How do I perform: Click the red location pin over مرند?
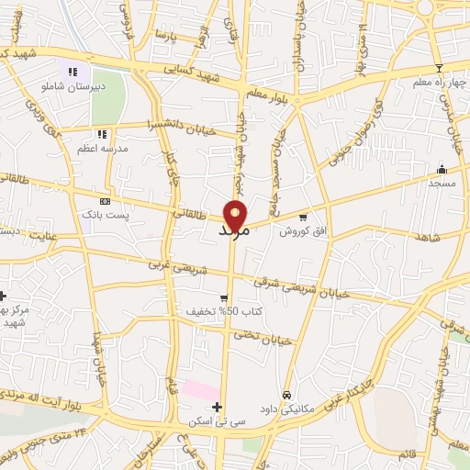[237, 214]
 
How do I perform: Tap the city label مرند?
[235, 232]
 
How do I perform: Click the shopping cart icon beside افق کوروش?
[316, 218]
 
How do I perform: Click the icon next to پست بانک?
[105, 201]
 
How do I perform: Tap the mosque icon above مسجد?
[442, 169]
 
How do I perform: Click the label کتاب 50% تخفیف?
[224, 312]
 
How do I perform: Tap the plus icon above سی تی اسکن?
[217, 407]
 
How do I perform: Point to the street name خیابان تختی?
[267, 339]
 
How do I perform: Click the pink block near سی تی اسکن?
[201, 388]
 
